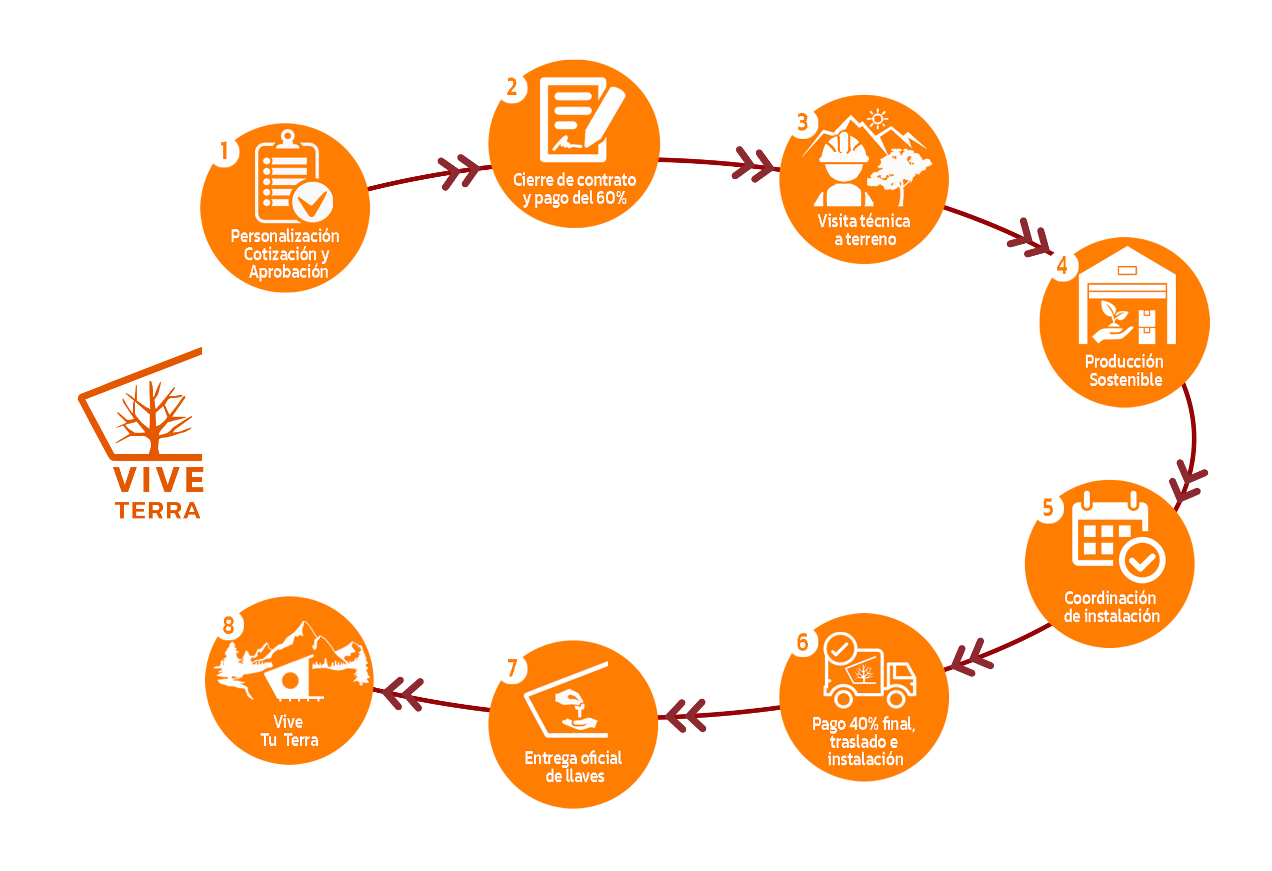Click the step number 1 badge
pos(224,150)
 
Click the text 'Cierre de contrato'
pos(574,180)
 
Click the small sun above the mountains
pos(877,119)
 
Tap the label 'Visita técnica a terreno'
pos(864,230)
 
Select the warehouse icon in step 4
pos(1127,298)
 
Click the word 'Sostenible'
pos(1126,380)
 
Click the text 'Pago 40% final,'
pos(863,724)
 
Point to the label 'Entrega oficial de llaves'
pos(573,767)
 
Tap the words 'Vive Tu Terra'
pos(289,731)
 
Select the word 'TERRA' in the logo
pos(158,510)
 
